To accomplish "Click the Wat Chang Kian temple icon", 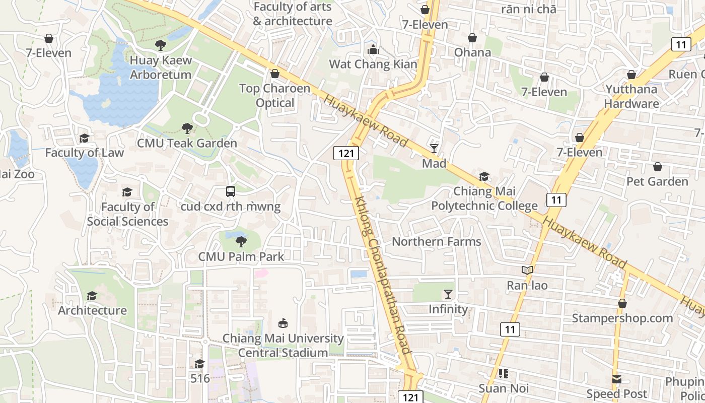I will [x=373, y=49].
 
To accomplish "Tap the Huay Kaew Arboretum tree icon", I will [x=161, y=45].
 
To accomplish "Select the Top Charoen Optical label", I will [x=274, y=96].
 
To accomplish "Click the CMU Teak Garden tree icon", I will [x=187, y=128].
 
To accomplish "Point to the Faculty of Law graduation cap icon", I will [x=84, y=138].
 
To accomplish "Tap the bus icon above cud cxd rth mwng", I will [x=230, y=191].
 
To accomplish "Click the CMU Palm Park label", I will [x=241, y=256].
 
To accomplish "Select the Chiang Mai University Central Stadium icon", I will [x=283, y=323].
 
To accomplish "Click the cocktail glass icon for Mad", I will [x=434, y=148].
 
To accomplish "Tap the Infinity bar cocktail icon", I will [x=448, y=294].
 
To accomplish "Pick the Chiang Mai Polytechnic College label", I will [x=484, y=198].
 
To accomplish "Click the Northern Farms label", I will [x=437, y=242].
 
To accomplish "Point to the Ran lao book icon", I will [x=527, y=271].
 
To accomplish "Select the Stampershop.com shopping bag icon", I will [x=622, y=303].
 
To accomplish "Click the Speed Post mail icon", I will [x=617, y=379].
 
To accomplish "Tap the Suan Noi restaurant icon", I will [x=503, y=374].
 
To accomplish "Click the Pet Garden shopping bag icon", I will [x=657, y=167].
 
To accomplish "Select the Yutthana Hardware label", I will [x=631, y=97].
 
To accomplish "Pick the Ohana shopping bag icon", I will [x=472, y=38].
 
